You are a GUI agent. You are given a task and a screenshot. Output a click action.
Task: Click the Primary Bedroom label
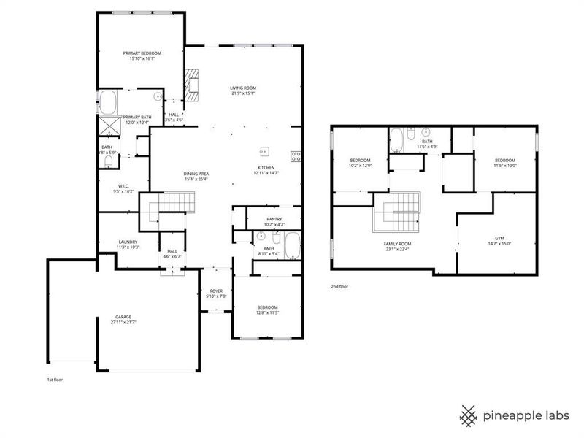coord(142,53)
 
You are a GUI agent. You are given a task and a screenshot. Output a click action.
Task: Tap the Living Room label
coord(244,88)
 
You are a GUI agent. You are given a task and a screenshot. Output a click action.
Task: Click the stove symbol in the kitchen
coord(296,155)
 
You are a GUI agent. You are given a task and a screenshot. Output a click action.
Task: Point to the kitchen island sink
coord(266,151)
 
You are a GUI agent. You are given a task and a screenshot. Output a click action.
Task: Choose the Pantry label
coord(274,218)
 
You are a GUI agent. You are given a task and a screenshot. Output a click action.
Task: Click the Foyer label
coord(216,291)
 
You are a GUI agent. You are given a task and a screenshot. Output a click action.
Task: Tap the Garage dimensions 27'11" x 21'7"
coord(123,322)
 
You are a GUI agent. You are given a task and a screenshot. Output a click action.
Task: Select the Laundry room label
coord(128,242)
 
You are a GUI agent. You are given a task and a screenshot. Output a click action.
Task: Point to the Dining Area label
coord(196,173)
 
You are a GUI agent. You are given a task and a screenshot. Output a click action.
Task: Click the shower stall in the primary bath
coord(109,126)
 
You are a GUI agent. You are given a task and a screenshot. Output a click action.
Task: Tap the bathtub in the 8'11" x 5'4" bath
coord(292,246)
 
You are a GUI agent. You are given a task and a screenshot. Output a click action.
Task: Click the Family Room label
coord(398,243)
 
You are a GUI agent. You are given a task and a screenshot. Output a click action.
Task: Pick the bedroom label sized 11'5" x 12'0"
coord(505,161)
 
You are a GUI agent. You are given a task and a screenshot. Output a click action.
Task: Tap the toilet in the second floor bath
coord(412,134)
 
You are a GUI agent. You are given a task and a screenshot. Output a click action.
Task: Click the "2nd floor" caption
coord(339,287)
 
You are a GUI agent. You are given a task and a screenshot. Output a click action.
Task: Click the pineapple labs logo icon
coord(469,415)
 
